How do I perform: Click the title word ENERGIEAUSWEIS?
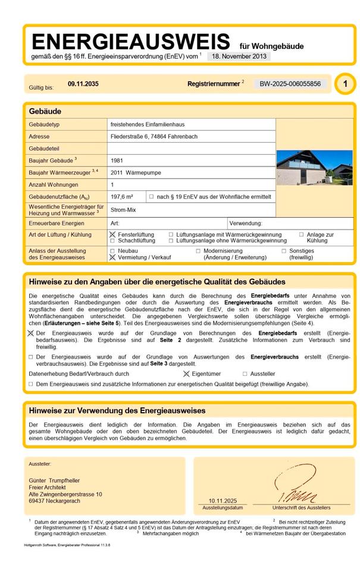pyautogui.click(x=130, y=42)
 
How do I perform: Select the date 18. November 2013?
pyautogui.click(x=238, y=57)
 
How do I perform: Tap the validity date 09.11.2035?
pyautogui.click(x=83, y=84)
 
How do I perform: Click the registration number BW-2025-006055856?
pyautogui.click(x=290, y=84)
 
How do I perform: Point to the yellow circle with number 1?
pyautogui.click(x=345, y=84)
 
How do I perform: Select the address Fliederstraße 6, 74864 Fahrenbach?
pyautogui.click(x=154, y=136)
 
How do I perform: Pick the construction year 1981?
pyautogui.click(x=117, y=161)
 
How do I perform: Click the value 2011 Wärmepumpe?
pyautogui.click(x=136, y=172)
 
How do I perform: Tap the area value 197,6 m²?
pyautogui.click(x=122, y=196)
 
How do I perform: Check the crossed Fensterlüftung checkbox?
pyautogui.click(x=113, y=235)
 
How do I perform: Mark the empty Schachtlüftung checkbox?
pyautogui.click(x=113, y=241)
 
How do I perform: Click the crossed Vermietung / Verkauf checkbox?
pyautogui.click(x=113, y=258)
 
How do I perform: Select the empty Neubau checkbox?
pyautogui.click(x=113, y=251)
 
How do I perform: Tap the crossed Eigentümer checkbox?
pyautogui.click(x=186, y=374)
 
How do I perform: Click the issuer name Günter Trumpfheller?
pyautogui.click(x=54, y=481)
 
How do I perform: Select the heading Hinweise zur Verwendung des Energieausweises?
pyautogui.click(x=117, y=410)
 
